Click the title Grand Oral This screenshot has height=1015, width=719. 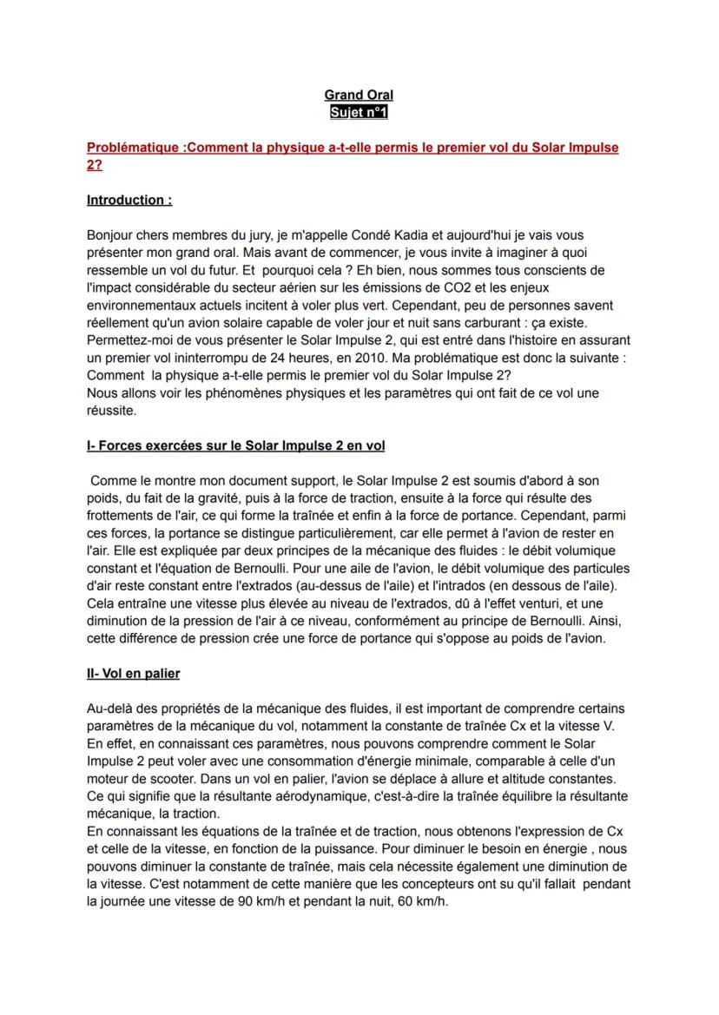point(359,95)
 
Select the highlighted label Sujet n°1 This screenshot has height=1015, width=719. point(359,112)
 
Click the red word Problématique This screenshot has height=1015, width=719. point(133,148)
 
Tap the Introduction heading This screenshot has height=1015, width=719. point(129,200)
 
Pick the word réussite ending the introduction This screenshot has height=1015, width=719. point(110,410)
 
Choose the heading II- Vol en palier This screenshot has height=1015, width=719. point(133,674)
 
